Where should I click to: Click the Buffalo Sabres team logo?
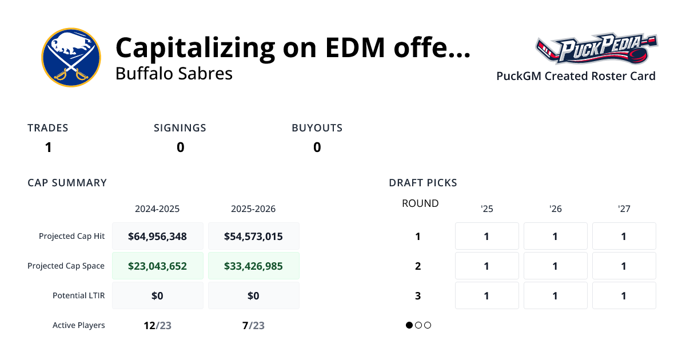pos(71,57)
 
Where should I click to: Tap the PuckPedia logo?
pos(596,49)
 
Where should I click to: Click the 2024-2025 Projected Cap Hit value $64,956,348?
pos(157,236)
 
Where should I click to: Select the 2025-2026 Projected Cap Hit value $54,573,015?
pos(253,236)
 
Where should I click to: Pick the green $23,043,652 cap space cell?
pos(157,266)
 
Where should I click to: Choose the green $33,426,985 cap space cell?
pos(253,266)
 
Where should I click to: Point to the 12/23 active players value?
pos(157,325)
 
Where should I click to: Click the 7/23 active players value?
pos(253,325)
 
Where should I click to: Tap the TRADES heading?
pos(48,128)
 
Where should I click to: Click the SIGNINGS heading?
pos(180,128)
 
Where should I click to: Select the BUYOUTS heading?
pos(317,128)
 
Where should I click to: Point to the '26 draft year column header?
pos(555,209)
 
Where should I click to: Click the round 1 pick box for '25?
pos(486,236)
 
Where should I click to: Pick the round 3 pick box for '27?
pos(624,295)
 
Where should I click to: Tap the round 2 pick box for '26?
pos(555,266)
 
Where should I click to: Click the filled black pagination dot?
pos(409,325)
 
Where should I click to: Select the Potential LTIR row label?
pos(78,295)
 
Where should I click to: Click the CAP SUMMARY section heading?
pos(67,183)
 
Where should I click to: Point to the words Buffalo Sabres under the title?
pos(174,74)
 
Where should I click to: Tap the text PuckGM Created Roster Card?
pos(576,76)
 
